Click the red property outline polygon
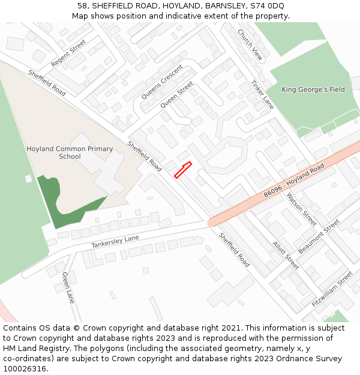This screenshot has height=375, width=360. pyautogui.click(x=182, y=170)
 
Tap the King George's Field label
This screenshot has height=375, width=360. pyautogui.click(x=313, y=89)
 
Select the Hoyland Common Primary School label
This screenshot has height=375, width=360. pyautogui.click(x=70, y=152)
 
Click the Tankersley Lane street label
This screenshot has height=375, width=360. pyautogui.click(x=115, y=242)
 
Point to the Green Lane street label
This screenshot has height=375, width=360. pyautogui.click(x=68, y=287)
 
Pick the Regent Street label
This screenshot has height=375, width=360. pyautogui.click(x=68, y=53)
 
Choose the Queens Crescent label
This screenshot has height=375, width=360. pyautogui.click(x=162, y=82)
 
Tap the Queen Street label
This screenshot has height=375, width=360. pyautogui.click(x=177, y=95)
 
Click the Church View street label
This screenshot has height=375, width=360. pyautogui.click(x=250, y=45)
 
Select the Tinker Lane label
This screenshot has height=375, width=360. pyautogui.click(x=262, y=95)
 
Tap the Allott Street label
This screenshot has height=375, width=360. pyautogui.click(x=286, y=255)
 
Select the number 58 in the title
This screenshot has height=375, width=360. pyautogui.click(x=82, y=6)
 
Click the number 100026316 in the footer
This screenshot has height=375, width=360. pyautogui.click(x=25, y=368)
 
